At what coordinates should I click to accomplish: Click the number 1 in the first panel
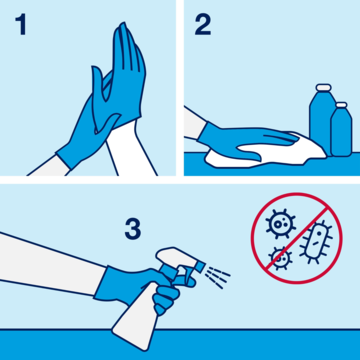pyautogui.click(x=20, y=27)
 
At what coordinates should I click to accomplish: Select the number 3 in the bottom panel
pyautogui.click(x=132, y=227)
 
